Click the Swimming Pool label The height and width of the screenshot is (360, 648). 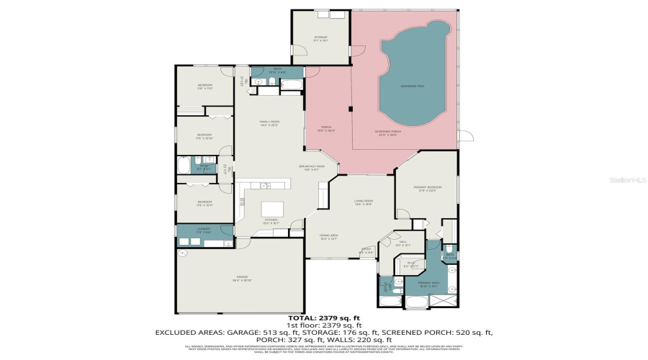412,86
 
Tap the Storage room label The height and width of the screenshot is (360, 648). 320,38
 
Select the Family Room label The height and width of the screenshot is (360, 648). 269,123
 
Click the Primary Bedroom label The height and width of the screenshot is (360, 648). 426,189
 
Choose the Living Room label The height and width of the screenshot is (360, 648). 363,202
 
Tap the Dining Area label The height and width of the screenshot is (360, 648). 328,236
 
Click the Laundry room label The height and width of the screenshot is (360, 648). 204,230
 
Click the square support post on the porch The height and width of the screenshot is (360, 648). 350,109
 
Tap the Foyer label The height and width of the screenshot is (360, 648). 366,251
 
